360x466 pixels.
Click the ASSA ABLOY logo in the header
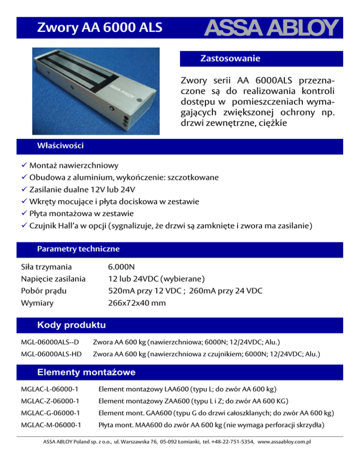coord(270,29)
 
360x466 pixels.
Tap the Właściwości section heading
coord(60,146)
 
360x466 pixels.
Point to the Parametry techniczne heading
coord(78,248)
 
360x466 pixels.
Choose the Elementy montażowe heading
coord(86,372)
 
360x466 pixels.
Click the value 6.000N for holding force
coord(121,267)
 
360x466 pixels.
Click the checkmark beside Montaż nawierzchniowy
coord(24,165)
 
